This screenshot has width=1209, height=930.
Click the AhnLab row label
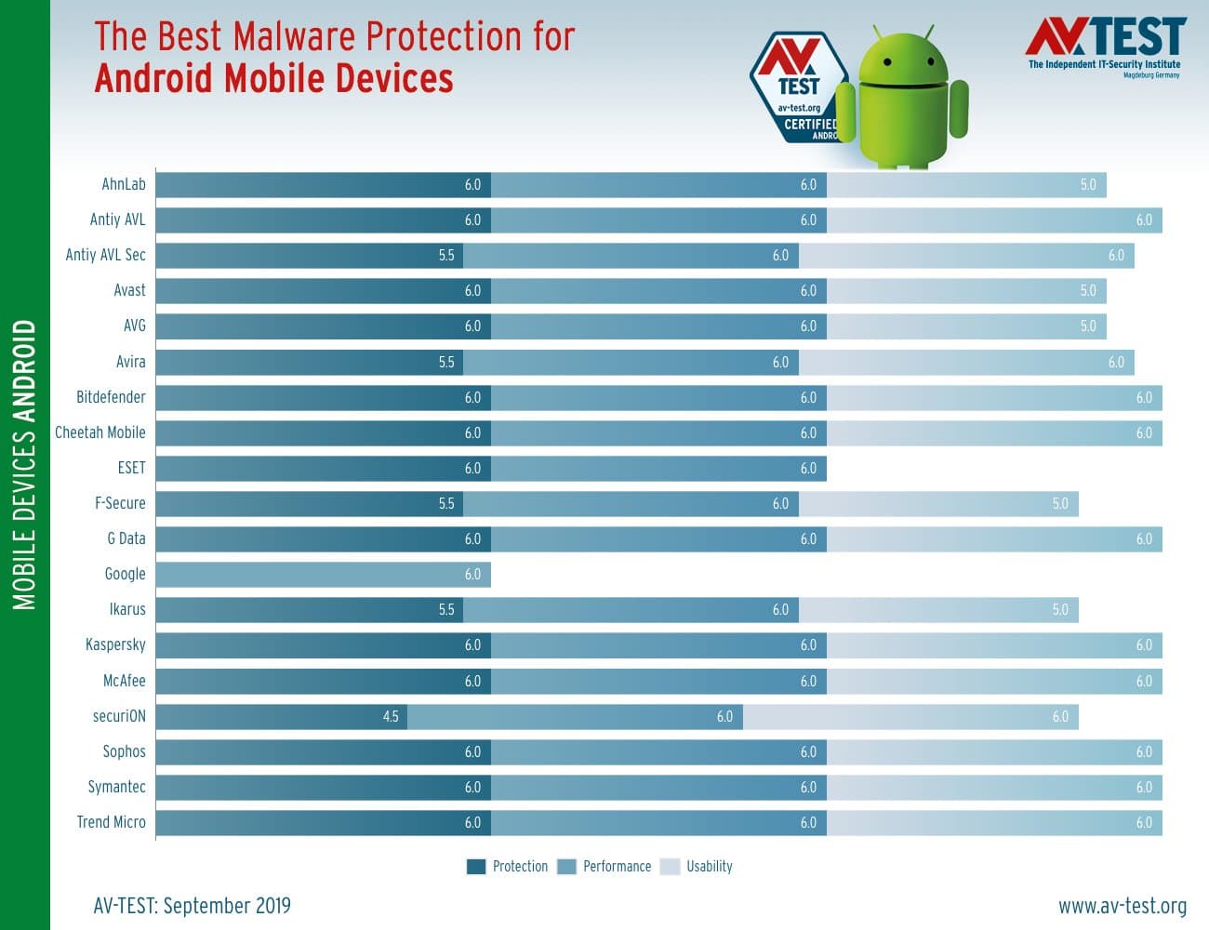pos(123,184)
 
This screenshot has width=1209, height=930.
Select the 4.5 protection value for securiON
pos(391,716)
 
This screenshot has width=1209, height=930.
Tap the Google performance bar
pos(323,575)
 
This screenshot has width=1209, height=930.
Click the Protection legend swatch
pos(476,867)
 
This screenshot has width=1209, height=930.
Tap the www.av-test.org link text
pos(1122,906)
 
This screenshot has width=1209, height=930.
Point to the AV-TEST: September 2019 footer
pos(192,906)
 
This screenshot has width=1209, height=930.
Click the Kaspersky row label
pos(115,644)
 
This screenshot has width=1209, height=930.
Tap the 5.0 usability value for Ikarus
pos(1060,610)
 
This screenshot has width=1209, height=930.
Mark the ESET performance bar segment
pos(658,468)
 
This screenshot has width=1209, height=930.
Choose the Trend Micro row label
pos(111,822)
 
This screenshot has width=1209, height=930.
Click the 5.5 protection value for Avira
pos(446,362)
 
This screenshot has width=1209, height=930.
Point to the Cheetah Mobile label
pos(100,432)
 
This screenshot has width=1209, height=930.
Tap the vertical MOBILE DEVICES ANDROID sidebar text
pos(25,465)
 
